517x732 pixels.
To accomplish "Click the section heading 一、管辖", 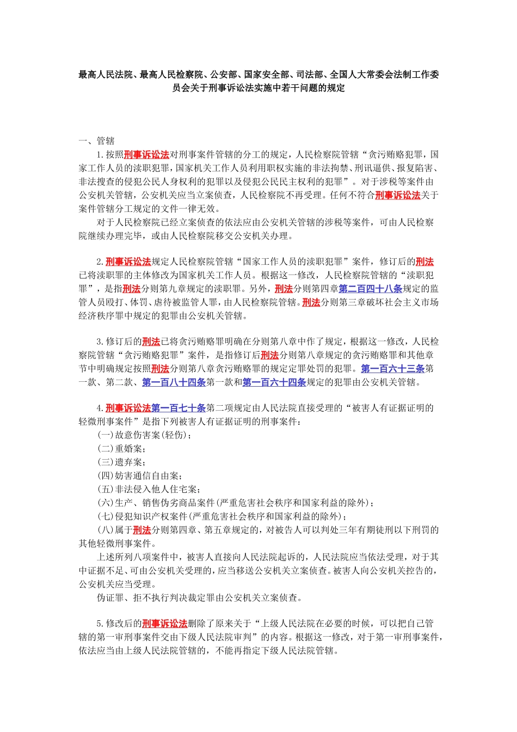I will point(96,141).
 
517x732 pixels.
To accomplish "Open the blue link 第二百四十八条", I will point(370,289).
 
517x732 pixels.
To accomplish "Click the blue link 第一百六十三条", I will point(392,369).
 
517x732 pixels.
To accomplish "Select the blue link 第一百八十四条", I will point(174,382).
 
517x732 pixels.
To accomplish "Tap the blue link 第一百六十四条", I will point(274,382).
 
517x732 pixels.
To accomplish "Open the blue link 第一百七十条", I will point(179,408).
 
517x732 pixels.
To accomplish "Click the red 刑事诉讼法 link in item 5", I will point(164,624).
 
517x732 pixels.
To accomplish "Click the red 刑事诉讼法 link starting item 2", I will point(128,262).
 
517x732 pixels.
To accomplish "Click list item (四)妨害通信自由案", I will point(140,476).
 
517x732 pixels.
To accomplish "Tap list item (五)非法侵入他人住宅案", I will point(149,490).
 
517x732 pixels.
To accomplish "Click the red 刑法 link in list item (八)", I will point(142,530).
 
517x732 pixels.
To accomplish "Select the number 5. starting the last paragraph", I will point(100,624).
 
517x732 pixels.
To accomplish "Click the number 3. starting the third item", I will point(100,342).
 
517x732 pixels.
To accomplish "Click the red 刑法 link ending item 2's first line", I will point(425,262).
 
